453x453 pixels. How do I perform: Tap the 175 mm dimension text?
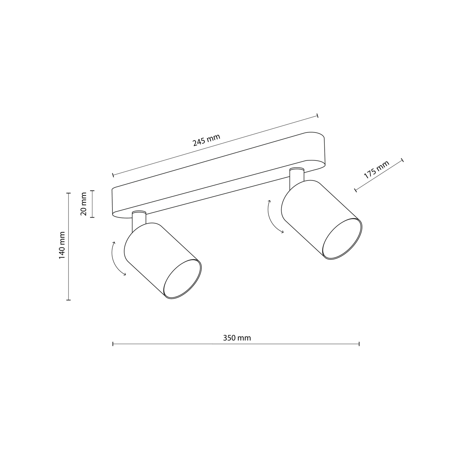pos(377,169)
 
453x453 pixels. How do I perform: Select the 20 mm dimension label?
pos(84,204)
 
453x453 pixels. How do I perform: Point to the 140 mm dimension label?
pos(62,245)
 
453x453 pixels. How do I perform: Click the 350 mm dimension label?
pos(237,338)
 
